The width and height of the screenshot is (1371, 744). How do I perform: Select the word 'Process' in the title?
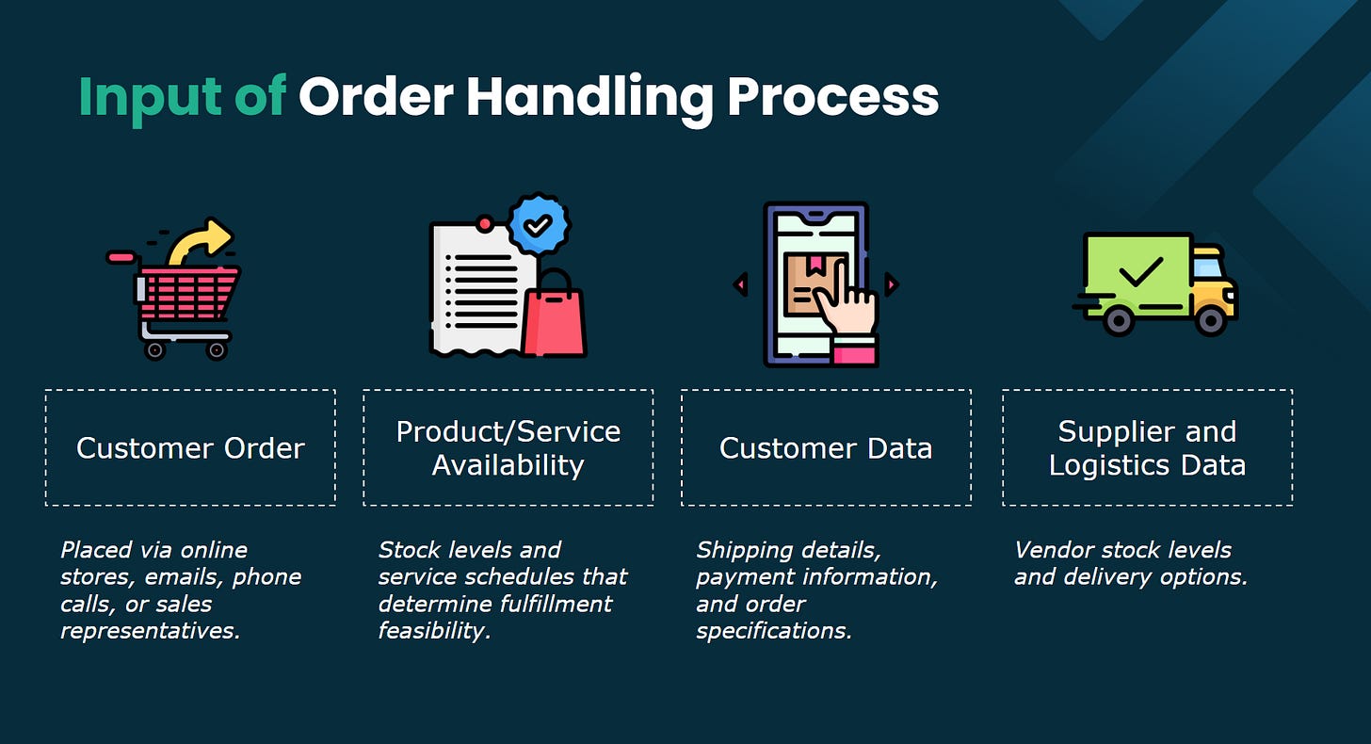[x=833, y=97]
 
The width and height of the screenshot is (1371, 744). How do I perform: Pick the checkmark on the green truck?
[x=1139, y=273]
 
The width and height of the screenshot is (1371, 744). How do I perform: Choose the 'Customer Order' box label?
[x=190, y=448]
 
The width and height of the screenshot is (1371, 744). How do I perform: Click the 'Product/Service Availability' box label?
[x=508, y=448]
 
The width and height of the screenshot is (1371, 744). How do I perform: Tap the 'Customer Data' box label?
[x=826, y=448]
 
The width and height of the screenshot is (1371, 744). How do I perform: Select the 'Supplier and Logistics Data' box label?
[x=1147, y=448]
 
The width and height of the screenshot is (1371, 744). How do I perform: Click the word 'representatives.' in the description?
[x=151, y=631]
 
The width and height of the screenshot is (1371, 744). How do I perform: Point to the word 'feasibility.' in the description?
[x=435, y=631]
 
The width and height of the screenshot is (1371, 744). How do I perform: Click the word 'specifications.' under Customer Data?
[x=774, y=631]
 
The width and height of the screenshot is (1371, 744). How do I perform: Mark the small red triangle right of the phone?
[x=891, y=284]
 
